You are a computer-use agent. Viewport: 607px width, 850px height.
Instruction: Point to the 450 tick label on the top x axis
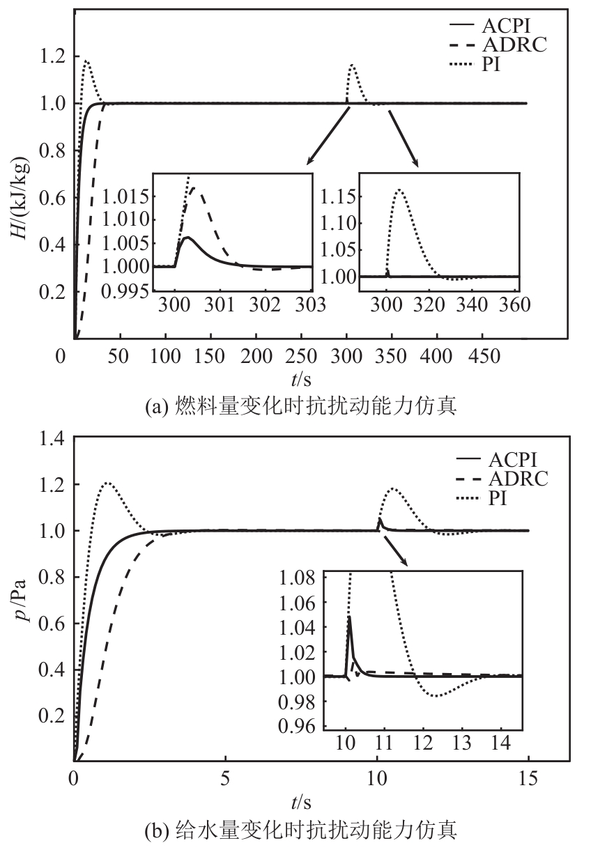[x=482, y=356]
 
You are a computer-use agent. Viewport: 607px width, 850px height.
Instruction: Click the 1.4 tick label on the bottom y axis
[x=53, y=438]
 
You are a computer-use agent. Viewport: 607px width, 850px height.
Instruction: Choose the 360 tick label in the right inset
[x=516, y=304]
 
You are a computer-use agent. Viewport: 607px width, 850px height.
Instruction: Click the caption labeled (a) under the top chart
[x=300, y=406]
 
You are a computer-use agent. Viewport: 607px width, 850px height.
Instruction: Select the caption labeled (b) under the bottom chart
[x=300, y=830]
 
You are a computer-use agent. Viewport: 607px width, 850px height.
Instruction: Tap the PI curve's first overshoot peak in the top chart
[x=86, y=61]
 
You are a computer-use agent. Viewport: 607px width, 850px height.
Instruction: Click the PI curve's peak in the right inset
[x=399, y=189]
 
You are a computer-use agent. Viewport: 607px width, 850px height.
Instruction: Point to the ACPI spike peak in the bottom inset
[x=348, y=617]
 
